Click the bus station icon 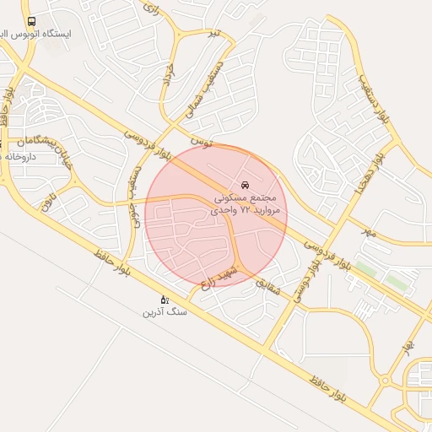point(32,21)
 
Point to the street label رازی point(151,9)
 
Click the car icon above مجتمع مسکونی point(245,184)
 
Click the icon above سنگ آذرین point(164,299)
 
